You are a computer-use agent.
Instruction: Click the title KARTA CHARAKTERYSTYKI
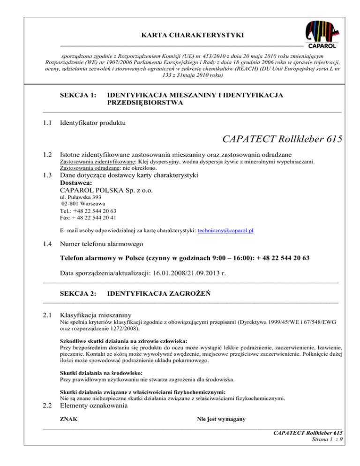[180, 34]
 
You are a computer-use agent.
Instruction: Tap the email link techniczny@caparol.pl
[229, 231]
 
